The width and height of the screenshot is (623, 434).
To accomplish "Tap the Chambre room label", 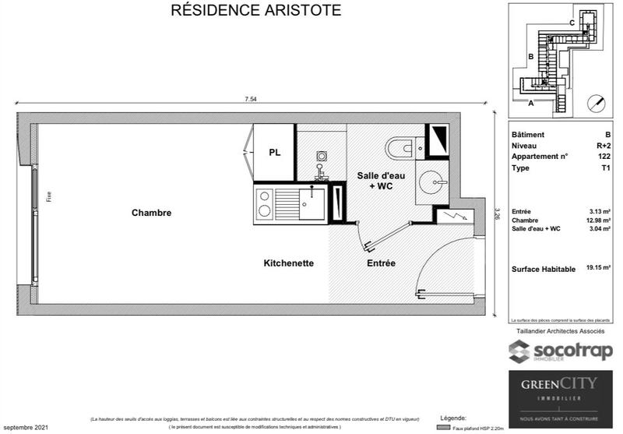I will (151, 213).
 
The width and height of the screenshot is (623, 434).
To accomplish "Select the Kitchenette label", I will (288, 263).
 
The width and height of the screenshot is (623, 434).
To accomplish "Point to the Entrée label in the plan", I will (381, 263).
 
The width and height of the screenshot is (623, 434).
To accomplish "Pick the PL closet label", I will (274, 152).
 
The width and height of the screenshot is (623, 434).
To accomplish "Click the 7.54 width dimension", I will (250, 99).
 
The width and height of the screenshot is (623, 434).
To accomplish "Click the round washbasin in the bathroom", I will (429, 183).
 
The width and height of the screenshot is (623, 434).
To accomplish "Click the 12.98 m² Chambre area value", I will (597, 221).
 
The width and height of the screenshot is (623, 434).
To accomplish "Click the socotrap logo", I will (561, 351).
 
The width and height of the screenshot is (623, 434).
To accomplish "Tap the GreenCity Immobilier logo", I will (560, 393).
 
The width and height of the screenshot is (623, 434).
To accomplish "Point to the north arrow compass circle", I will (597, 101).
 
